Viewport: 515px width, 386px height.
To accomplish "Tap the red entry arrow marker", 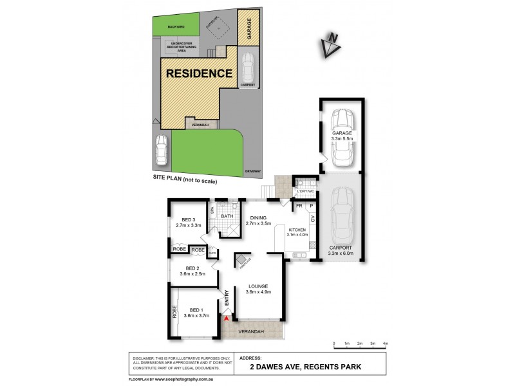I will (x=226, y=316).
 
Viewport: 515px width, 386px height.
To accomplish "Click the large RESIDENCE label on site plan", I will (x=200, y=73).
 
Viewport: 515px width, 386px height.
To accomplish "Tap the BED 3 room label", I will (x=189, y=222).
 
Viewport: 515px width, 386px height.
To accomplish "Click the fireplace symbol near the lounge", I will (x=242, y=261).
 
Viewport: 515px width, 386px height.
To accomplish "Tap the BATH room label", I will (x=227, y=216).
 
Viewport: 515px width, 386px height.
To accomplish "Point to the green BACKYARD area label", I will (x=176, y=28).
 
